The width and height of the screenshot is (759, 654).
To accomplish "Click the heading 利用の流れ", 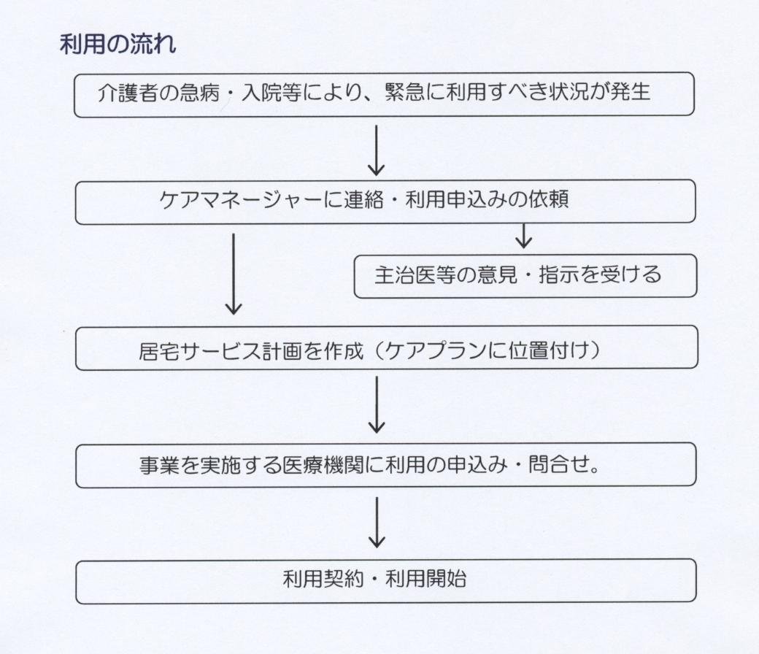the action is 117,45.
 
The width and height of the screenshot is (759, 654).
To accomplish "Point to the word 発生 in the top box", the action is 630,91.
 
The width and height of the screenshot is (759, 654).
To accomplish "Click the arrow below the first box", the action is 376,150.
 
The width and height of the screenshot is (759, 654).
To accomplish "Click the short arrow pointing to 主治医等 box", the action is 524,236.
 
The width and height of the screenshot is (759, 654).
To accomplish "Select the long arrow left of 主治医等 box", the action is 234,274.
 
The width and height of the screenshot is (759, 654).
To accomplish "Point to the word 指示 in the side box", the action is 559,274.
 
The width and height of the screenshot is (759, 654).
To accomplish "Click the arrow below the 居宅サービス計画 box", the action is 377,404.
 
